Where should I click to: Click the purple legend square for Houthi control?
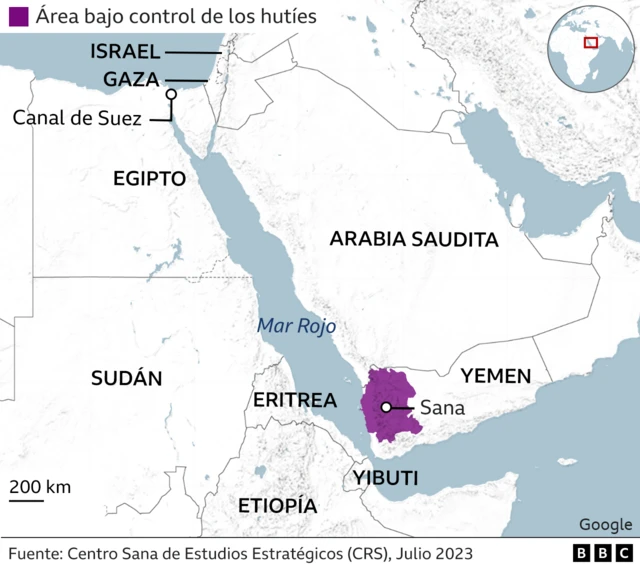tap(17, 17)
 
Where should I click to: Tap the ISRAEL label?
tap(124, 51)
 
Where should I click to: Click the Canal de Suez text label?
tap(78, 118)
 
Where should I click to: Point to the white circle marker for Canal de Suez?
tap(171, 95)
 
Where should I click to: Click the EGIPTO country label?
tap(150, 179)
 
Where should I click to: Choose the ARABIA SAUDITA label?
tap(413, 239)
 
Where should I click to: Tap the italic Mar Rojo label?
tap(296, 325)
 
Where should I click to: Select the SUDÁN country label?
tap(126, 378)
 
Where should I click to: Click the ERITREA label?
tap(294, 400)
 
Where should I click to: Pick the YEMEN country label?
tap(495, 375)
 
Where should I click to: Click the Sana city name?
tap(441, 407)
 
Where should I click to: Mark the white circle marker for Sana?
tap(385, 407)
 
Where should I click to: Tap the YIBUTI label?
tap(385, 478)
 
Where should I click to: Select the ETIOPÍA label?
tap(277, 505)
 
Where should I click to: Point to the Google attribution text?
tap(605, 525)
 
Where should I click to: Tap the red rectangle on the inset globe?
tap(591, 42)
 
